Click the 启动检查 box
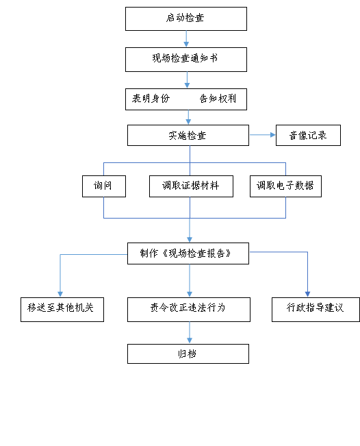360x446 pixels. [186, 18]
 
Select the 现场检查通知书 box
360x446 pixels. [186, 60]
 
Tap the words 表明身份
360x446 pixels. [151, 99]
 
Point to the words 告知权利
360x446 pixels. [218, 99]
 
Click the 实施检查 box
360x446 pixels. [188, 136]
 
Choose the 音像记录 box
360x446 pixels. [308, 136]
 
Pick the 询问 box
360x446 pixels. [104, 186]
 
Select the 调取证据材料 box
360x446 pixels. [191, 186]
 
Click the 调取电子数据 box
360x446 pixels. [285, 186]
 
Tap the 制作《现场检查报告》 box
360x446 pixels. [188, 253]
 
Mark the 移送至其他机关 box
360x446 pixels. [62, 310]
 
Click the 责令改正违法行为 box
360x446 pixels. [189, 310]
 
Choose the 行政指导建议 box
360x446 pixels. [316, 310]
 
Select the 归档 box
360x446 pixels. [188, 354]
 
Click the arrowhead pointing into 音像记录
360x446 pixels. [273, 135]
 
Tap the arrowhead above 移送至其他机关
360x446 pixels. [60, 295]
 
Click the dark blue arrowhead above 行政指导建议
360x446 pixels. [307, 295]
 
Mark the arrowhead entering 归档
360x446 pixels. [190, 340]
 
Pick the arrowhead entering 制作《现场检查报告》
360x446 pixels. [190, 240]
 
